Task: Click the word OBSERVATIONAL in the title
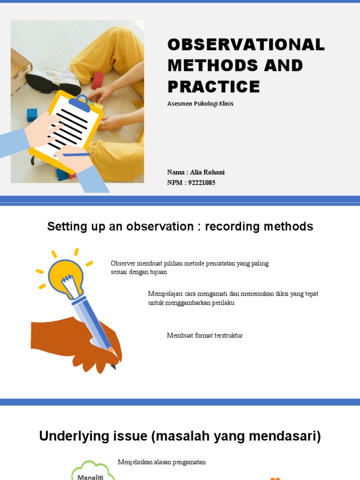246,45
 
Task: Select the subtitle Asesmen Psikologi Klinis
200,104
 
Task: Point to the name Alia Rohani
207,172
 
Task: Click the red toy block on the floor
97,81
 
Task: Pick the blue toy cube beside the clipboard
32,114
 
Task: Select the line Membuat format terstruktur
205,336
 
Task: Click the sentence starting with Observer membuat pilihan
189,268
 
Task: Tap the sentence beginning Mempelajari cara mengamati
233,298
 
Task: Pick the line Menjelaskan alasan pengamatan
162,462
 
